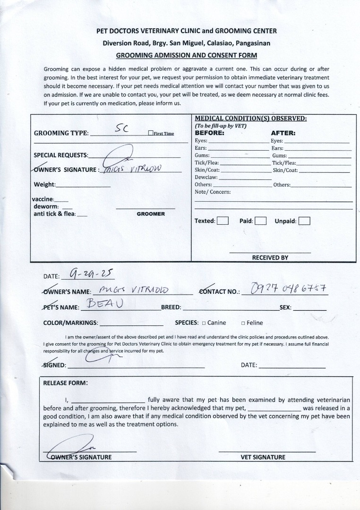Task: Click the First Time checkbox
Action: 151,133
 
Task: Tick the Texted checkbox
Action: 223,221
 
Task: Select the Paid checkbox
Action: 261,221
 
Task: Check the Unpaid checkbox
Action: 304,221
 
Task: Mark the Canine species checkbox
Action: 204,323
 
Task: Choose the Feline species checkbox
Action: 243,323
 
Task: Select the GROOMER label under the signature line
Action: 151,214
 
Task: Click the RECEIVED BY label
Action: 270,258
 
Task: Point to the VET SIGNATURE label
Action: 263,457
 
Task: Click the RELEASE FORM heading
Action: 65,383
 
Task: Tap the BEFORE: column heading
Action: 209,133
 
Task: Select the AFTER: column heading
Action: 283,133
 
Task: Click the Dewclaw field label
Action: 206,178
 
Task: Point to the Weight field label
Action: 45,185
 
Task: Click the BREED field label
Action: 171,307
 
